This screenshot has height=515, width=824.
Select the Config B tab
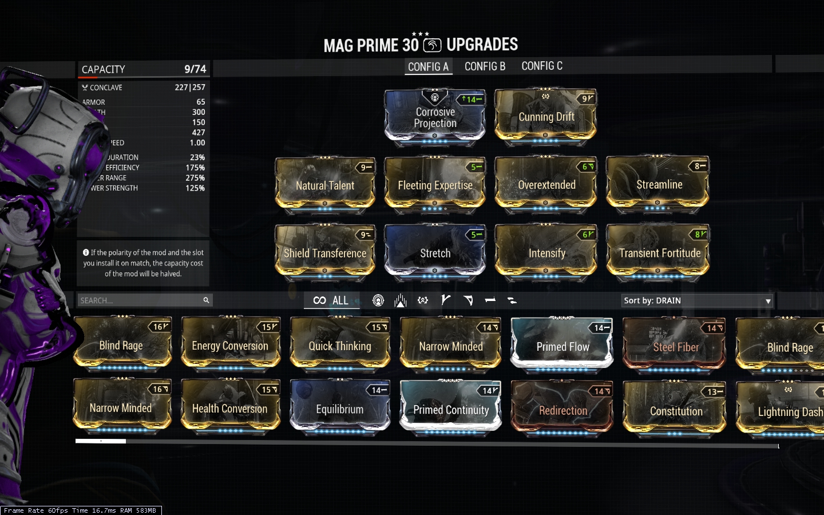pos(485,66)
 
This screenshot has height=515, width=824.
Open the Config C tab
pos(541,66)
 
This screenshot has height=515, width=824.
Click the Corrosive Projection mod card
pos(435,117)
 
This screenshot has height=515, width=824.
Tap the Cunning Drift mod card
pos(546,116)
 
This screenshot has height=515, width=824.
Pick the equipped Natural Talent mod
pos(325,184)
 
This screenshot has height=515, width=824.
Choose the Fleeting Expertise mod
pos(435,184)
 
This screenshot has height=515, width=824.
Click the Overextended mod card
pos(546,184)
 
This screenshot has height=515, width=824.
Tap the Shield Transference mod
pos(325,252)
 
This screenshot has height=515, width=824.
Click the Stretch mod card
pos(435,252)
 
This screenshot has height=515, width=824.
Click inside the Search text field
pos(140,300)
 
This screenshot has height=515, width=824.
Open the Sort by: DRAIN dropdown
pos(698,300)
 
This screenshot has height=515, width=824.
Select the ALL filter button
pos(331,300)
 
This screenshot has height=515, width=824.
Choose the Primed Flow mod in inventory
pos(562,346)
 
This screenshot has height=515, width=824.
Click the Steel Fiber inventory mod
pos(675,346)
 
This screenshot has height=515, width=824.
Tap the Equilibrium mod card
pos(340,408)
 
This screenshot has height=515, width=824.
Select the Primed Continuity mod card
pos(451,409)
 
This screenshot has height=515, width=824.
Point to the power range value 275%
pos(195,178)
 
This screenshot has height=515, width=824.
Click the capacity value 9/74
pos(195,69)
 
